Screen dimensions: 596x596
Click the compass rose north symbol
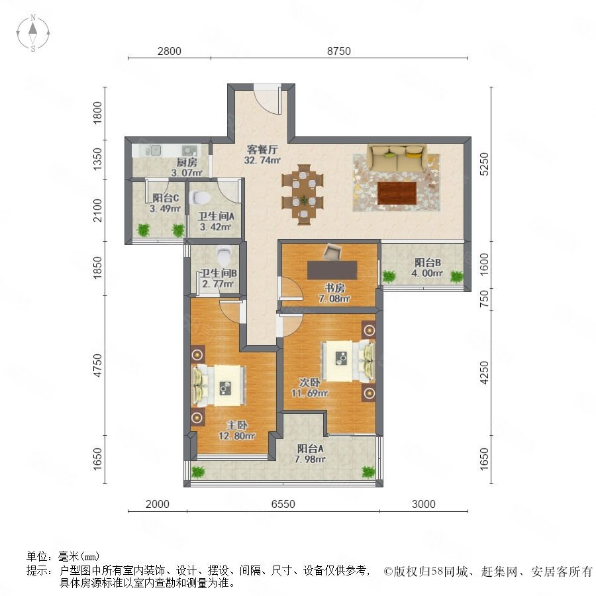coord(33,32)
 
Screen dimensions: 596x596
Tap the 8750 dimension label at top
coord(338,51)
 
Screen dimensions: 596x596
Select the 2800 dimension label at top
coord(169,51)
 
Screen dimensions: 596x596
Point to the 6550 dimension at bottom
coord(283,504)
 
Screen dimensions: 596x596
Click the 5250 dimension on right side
coord(484,164)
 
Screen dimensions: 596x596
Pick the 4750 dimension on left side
coord(98,366)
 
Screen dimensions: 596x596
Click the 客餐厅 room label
coord(262,149)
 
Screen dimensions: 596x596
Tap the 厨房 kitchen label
coord(187,162)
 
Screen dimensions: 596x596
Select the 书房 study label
coord(334,288)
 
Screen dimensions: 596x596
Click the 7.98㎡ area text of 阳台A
coord(310,459)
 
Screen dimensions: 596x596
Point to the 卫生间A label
coord(216,217)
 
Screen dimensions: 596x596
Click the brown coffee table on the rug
coord(397,193)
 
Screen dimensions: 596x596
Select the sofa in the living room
coord(397,158)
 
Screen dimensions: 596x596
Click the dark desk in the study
coord(332,270)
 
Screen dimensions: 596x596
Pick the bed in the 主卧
coord(219,385)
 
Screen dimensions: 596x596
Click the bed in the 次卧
coord(348,361)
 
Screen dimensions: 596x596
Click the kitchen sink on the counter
coord(189,150)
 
